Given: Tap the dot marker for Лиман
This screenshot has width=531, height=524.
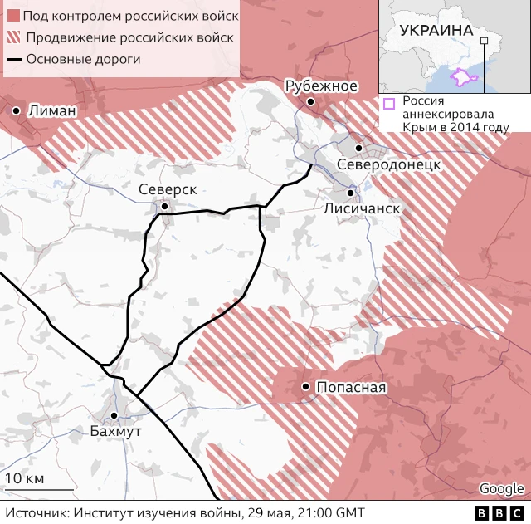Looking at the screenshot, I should pos(17,110).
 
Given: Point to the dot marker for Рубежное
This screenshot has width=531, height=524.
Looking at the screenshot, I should pos(310,101).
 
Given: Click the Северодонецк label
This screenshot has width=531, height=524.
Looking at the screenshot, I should pos(388,165).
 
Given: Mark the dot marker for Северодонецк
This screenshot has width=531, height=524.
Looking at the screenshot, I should pos(358,148).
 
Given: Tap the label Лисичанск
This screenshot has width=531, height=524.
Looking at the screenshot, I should pos(362,208).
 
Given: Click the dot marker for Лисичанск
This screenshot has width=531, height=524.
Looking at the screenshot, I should pos(350,192).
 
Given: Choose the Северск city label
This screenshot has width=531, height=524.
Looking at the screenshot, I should pos(168,189).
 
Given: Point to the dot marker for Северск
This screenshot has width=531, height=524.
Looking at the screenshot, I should pos(165,206).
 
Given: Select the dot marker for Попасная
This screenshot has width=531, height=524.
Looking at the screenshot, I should pos(306,387).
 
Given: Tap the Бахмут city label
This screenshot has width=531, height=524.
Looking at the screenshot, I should pos(116,431).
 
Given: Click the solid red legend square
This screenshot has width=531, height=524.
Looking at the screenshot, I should pos(12,16).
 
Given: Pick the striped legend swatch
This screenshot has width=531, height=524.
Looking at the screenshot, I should pos(12,37).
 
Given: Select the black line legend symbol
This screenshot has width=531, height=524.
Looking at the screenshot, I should pos(14,59).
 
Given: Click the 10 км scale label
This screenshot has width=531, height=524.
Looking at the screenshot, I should pos(25,478).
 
